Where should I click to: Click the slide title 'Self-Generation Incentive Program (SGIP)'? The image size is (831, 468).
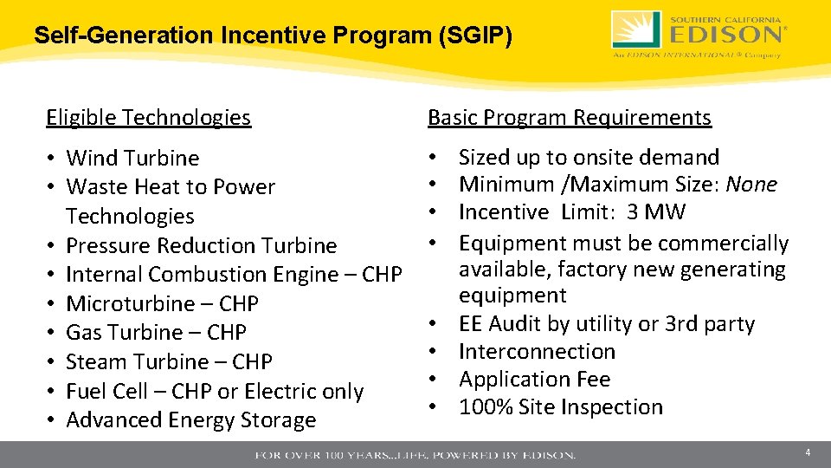273,36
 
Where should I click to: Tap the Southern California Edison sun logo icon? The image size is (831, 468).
636,30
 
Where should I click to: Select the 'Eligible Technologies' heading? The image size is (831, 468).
148,117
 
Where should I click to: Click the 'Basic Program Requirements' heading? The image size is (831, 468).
570,117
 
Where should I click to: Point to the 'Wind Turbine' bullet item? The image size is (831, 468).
132,158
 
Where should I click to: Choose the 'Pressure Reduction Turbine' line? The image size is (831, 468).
201,245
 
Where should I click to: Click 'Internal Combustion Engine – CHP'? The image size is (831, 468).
234,275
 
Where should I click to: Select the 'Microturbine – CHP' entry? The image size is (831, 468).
162,303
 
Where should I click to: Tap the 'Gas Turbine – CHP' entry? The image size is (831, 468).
156,333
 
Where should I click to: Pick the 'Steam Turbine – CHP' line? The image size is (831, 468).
169,361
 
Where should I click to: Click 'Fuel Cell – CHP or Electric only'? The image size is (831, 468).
215,391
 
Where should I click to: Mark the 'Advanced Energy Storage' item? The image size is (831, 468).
191,420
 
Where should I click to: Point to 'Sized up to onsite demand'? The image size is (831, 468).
589,157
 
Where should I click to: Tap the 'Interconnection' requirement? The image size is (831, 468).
537,351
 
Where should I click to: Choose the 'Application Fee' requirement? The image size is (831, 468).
534,379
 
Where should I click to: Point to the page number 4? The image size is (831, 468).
807,452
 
